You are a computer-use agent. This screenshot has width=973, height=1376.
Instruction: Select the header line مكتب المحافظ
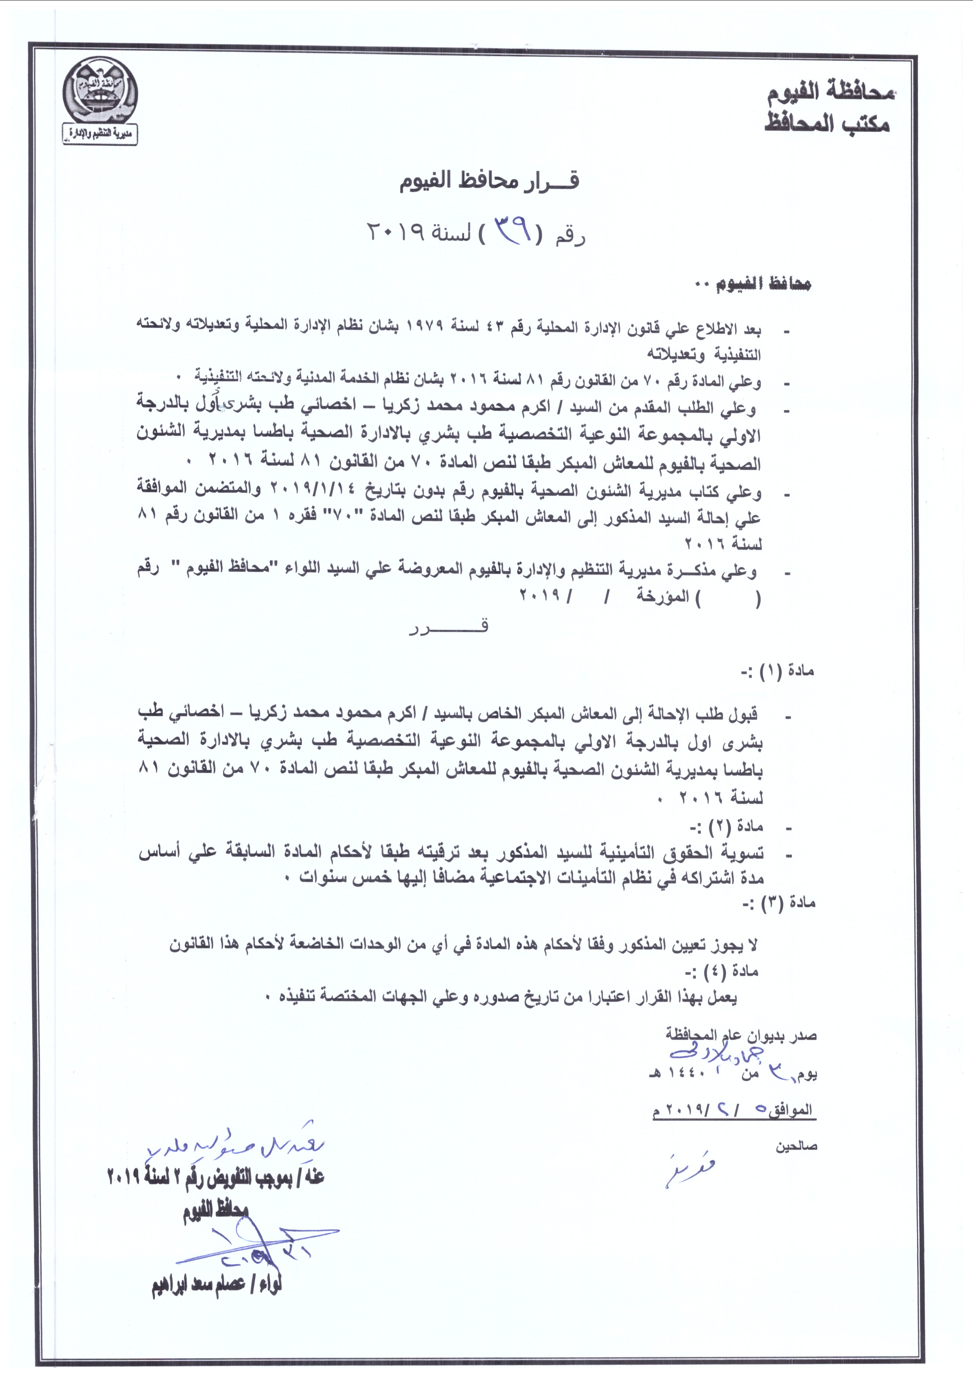[x=827, y=124]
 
